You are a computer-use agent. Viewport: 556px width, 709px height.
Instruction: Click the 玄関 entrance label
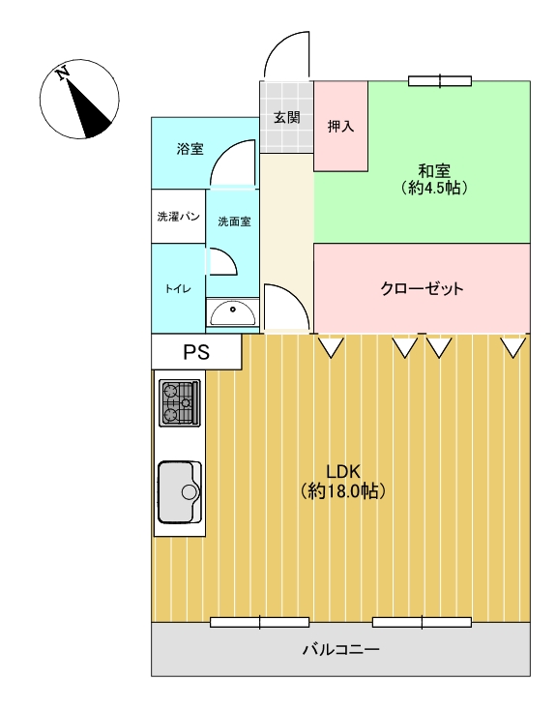[x=286, y=118]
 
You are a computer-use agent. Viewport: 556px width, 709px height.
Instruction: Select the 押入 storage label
[x=340, y=126]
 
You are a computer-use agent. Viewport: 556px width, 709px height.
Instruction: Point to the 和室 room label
[x=434, y=172]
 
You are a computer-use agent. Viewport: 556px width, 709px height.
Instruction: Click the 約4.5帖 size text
[x=434, y=188]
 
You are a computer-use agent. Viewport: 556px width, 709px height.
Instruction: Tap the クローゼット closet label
[x=422, y=288]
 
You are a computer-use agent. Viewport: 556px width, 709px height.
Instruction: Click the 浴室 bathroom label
[x=190, y=149]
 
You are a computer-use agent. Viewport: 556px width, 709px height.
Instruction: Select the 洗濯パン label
[x=178, y=217]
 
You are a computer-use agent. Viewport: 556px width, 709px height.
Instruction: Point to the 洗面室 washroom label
[x=234, y=222]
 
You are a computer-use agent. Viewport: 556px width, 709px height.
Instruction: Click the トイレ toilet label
[x=178, y=289]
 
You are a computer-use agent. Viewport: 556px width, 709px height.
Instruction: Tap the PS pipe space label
[x=196, y=352]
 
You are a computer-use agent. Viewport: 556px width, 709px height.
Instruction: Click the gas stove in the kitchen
[x=180, y=402]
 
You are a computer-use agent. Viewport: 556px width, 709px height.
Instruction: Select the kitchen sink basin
[x=180, y=491]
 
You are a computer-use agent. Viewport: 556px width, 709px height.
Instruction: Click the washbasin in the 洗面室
[x=232, y=312]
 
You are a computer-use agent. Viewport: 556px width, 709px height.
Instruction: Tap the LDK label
[x=343, y=472]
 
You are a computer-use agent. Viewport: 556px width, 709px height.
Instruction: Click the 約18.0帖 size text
[x=343, y=490]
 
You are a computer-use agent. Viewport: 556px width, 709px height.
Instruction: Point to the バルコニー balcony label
[x=340, y=650]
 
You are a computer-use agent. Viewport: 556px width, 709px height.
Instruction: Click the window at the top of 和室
[x=440, y=81]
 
